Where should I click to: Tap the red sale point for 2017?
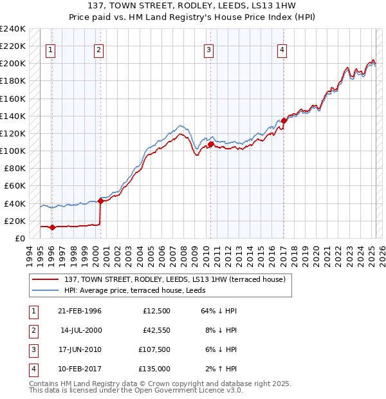(284, 120)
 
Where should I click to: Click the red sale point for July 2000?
(100, 200)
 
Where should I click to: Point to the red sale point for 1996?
(51, 227)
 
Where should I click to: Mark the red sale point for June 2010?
(210, 144)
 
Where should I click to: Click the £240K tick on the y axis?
(13, 29)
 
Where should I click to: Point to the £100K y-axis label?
(13, 151)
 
